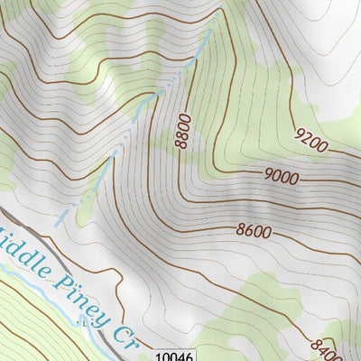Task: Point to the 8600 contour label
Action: (x=254, y=231)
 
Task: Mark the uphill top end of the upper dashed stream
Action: (x=213, y=28)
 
